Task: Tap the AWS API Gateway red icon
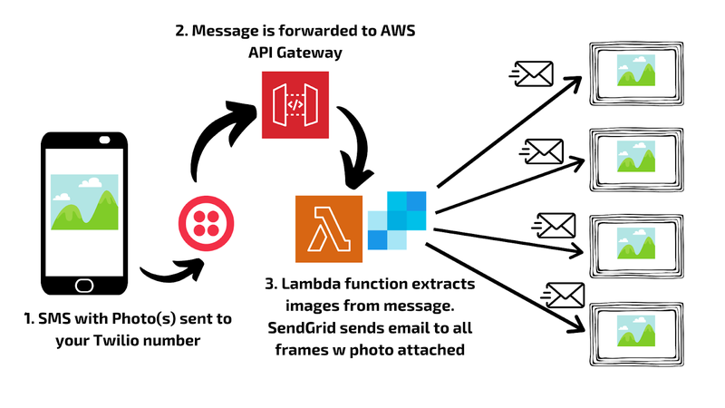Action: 295,105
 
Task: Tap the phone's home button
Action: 84,286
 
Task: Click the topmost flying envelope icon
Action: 531,73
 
